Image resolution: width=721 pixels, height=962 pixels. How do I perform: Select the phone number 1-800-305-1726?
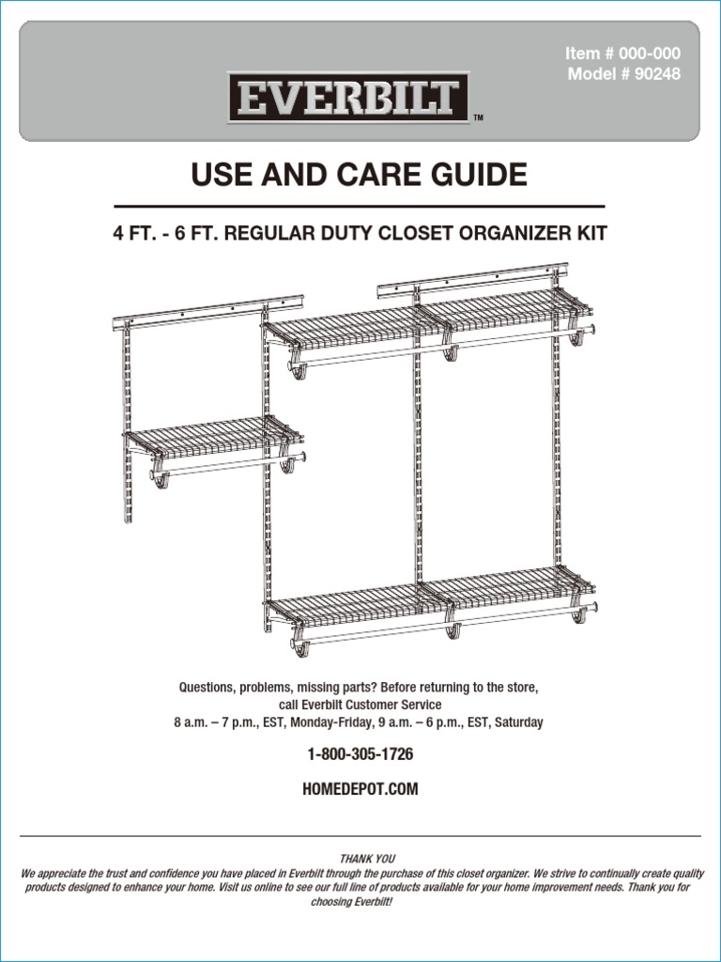(x=360, y=754)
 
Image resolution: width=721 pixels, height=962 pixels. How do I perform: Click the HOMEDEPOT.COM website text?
(x=360, y=790)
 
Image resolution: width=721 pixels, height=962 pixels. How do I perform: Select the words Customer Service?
(x=394, y=705)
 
